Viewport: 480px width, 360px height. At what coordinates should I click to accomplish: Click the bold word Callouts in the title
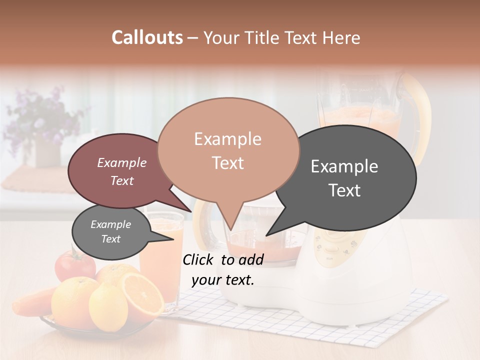tap(147, 37)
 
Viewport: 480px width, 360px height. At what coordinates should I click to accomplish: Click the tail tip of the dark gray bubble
tap(266, 235)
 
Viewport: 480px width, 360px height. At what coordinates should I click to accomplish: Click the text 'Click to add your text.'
tap(223, 269)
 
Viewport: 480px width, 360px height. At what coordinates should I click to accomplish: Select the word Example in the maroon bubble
tap(121, 162)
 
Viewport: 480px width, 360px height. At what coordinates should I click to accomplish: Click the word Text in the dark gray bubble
tap(345, 190)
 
